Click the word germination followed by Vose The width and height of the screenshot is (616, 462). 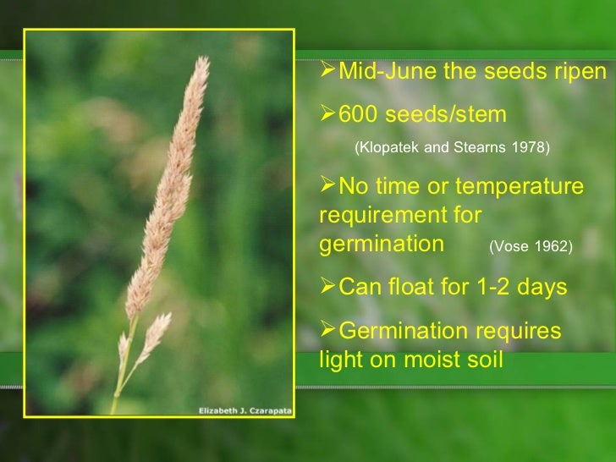pos(382,245)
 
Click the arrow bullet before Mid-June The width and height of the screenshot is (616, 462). pos(327,72)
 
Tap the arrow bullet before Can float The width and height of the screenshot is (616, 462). pos(327,287)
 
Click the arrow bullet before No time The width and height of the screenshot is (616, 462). pos(327,185)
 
